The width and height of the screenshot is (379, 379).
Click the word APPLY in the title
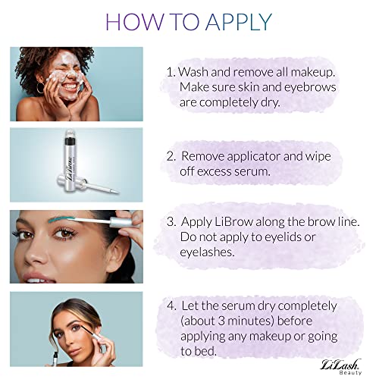pyautogui.click(x=240, y=22)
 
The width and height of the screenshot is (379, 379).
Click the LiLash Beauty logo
pyautogui.click(x=340, y=367)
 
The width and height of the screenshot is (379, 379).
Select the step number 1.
pyautogui.click(x=171, y=72)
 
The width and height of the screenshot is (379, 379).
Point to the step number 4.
pyautogui.click(x=171, y=306)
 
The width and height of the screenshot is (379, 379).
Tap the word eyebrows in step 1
pyautogui.click(x=310, y=87)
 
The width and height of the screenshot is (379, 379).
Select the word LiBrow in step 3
pyautogui.click(x=234, y=221)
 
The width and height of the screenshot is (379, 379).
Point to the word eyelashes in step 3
pyautogui.click(x=207, y=252)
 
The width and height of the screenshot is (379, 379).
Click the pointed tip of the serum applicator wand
pyautogui.click(x=118, y=193)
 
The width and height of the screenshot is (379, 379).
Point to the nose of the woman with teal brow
pyautogui.click(x=36, y=255)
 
